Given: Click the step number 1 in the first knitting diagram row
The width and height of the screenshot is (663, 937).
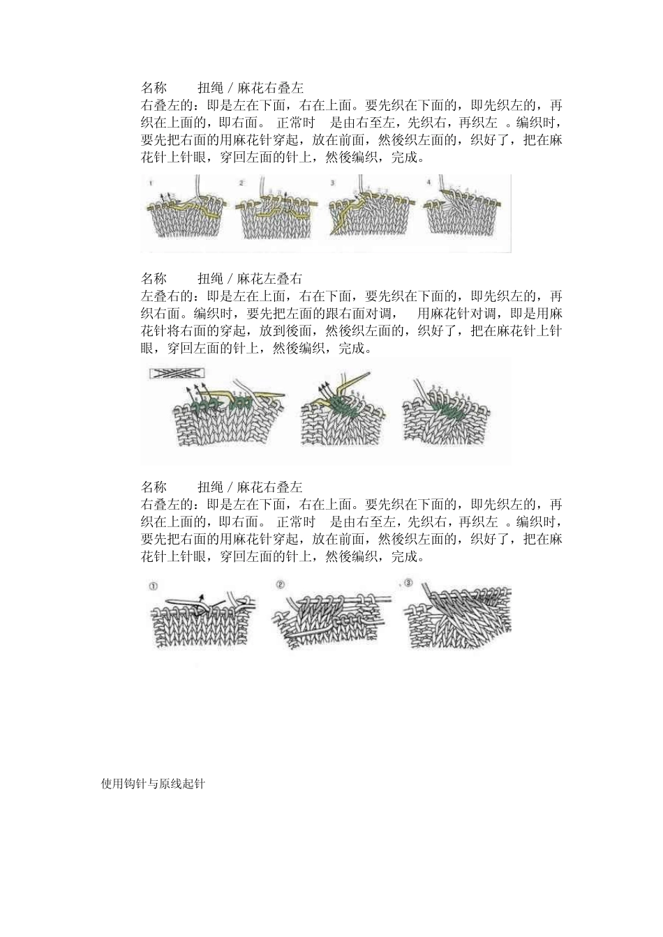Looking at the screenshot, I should pos(151,183).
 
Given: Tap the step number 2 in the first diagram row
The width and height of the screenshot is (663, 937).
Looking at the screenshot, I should pos(241,183).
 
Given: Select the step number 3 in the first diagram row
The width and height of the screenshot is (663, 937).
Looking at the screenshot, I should pos(333,183).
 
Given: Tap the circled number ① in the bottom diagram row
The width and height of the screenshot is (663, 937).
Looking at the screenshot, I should pos(153,586).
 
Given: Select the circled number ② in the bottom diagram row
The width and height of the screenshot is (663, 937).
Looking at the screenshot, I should pos(280,585).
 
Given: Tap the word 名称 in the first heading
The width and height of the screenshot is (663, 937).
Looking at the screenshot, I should pos(154,88).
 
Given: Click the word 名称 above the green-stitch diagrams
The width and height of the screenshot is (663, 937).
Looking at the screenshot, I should pos(154,279).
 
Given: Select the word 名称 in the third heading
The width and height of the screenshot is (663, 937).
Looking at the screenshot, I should pos(154,487).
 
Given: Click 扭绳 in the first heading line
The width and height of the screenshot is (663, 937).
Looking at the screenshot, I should pos(210,88).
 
